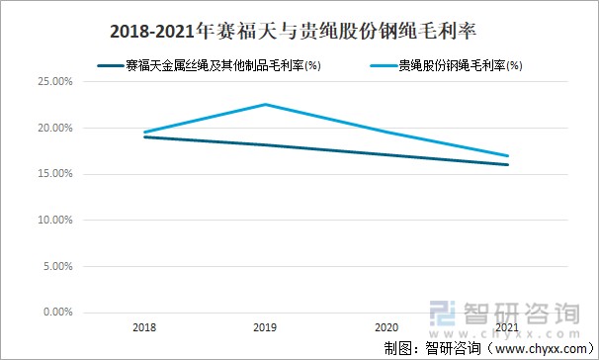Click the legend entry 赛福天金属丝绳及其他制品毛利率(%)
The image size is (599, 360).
(x=223, y=66)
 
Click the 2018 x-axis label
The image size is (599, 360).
(x=144, y=325)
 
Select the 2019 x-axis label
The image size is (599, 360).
(x=265, y=325)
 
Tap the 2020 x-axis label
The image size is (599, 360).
(x=386, y=325)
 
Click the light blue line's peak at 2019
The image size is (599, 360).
(x=265, y=105)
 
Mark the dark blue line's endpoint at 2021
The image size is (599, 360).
(x=508, y=165)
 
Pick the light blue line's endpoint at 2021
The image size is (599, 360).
(x=508, y=156)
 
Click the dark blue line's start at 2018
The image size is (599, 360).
(x=144, y=137)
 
